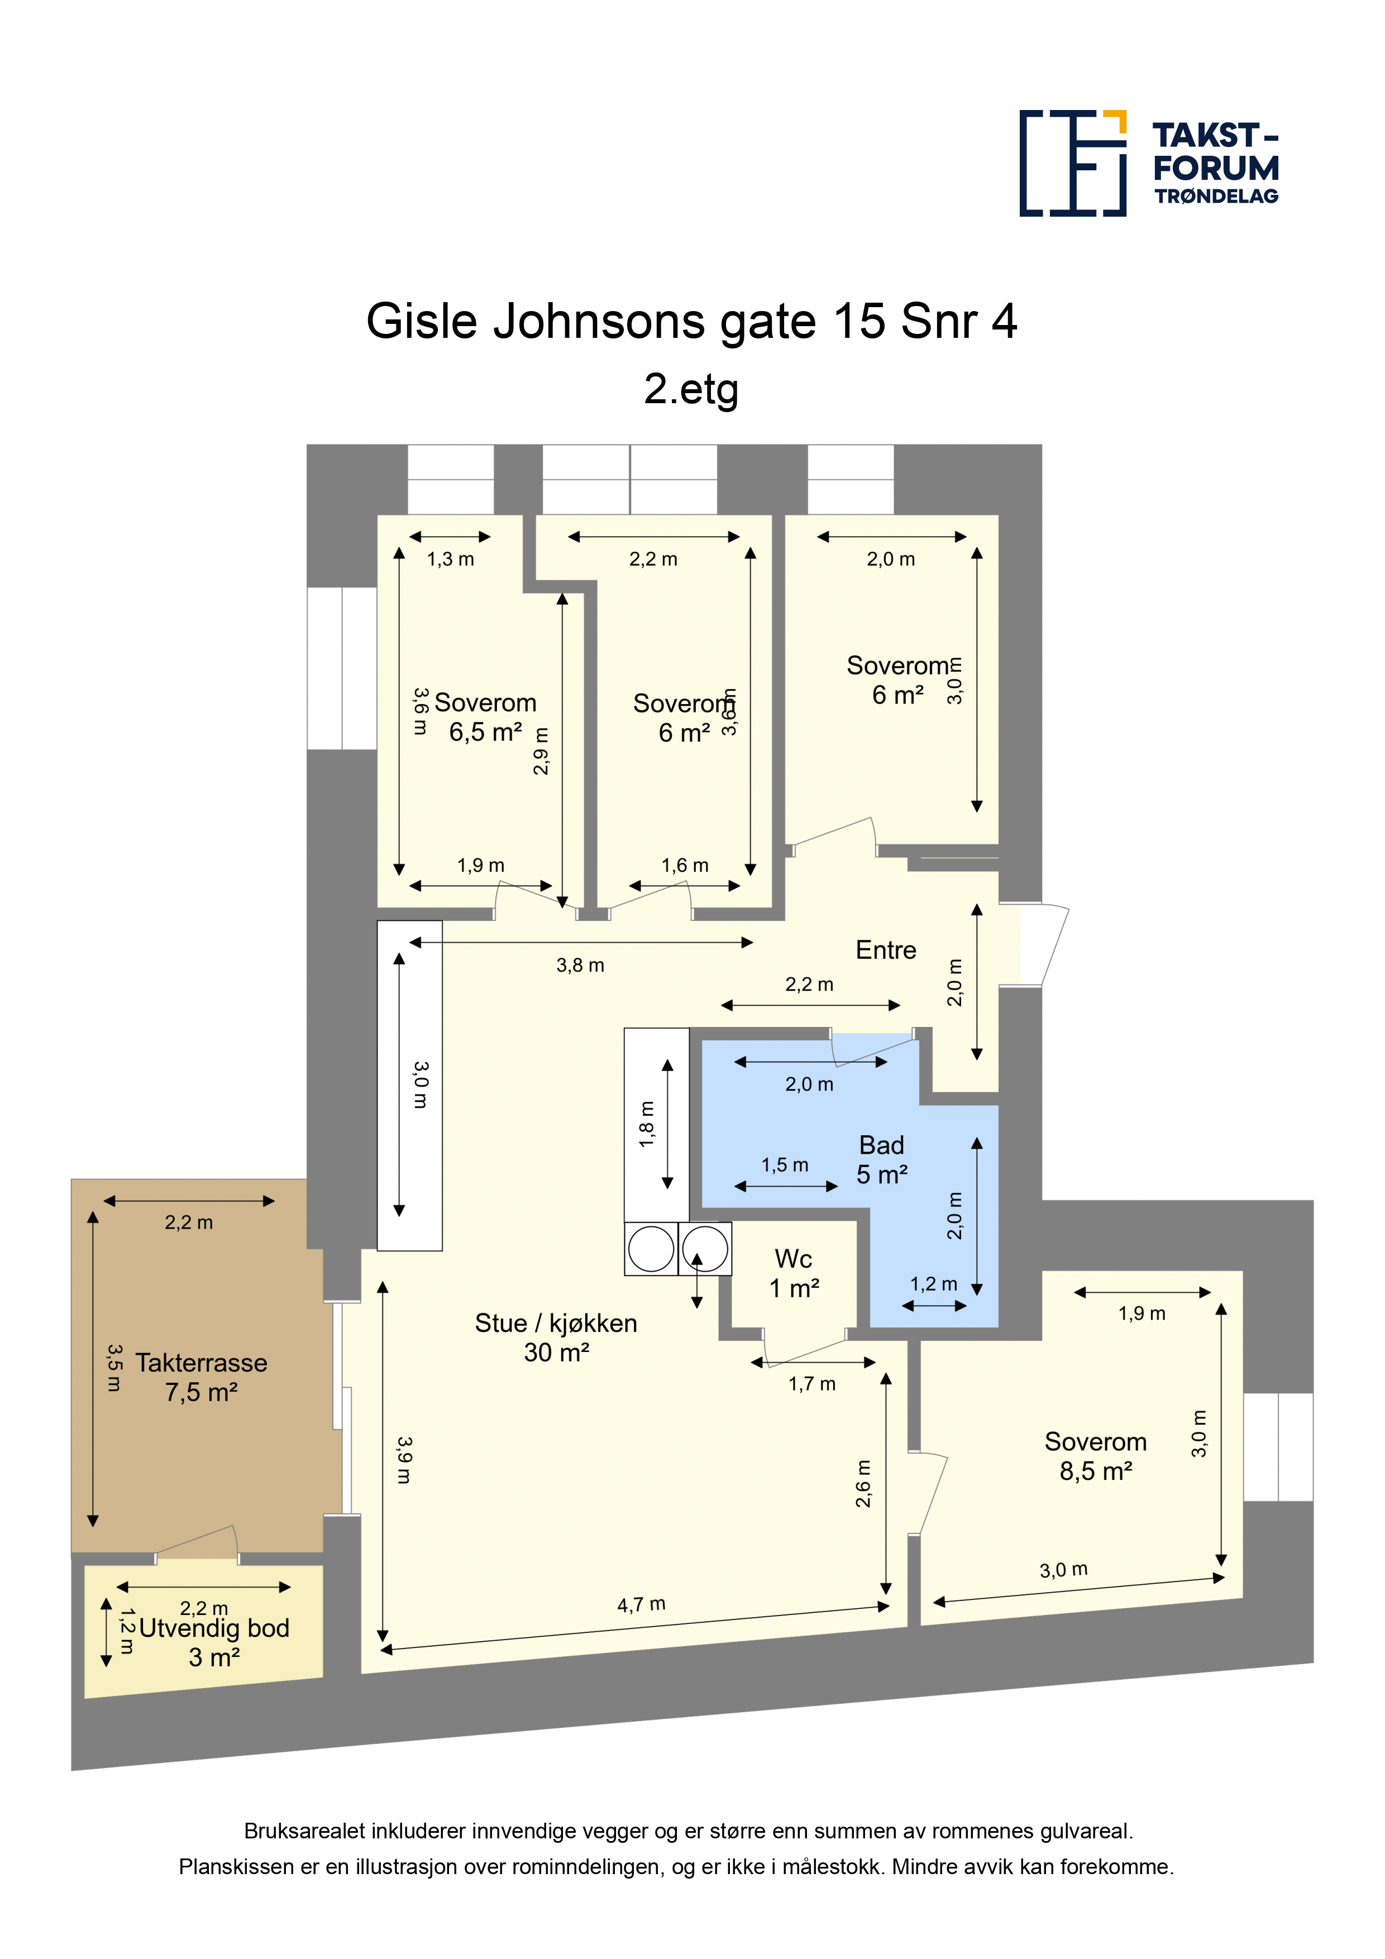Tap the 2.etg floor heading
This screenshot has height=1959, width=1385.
pos(691,389)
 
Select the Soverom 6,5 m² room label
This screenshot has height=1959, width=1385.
pos(485,716)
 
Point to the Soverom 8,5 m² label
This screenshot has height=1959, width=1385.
pos(1096,1456)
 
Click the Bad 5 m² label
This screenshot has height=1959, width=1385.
pos(881,1159)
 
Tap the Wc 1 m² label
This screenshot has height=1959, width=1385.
pos(794,1273)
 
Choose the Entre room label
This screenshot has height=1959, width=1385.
pos(886,950)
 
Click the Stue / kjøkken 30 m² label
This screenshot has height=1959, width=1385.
pos(556,1337)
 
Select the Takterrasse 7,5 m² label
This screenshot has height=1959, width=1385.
pos(202,1377)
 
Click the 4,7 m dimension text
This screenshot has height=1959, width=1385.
pos(642,1604)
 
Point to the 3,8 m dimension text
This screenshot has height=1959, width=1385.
pos(580,965)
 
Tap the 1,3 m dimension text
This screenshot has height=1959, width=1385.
pos(451,559)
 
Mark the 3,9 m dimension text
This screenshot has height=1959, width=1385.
pos(404,1460)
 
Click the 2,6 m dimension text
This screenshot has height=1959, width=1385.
pos(863,1483)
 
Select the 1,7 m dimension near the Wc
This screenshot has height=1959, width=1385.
pos(811,1384)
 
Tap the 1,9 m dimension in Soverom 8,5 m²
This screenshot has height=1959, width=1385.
pos(1142,1313)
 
